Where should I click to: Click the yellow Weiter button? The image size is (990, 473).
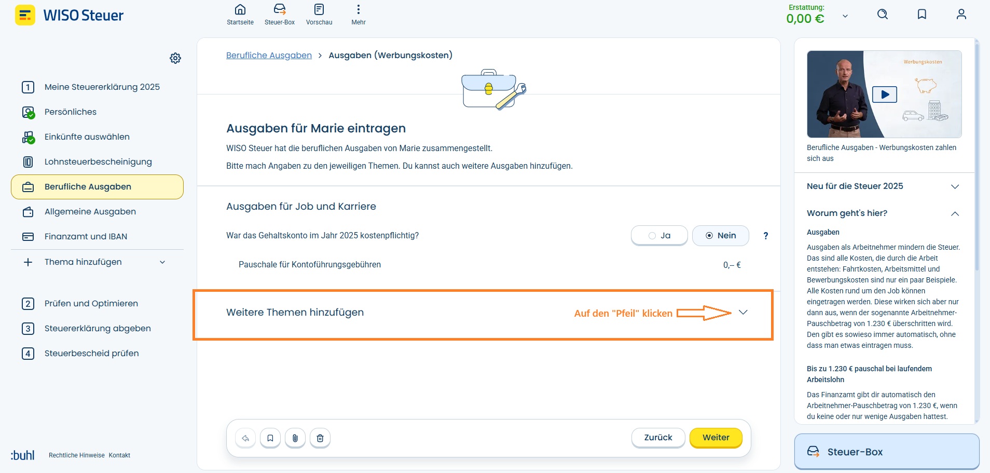coord(716,438)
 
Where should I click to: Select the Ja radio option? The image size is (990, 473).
coord(659,236)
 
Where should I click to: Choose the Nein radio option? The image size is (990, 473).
coord(721,236)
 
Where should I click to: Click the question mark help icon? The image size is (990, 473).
coord(765,236)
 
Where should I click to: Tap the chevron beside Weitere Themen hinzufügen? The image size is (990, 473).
coord(743,312)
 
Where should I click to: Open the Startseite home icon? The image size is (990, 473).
coord(240,9)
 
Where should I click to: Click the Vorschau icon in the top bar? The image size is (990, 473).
coord(319,9)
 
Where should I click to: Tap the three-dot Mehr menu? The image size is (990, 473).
coord(359,9)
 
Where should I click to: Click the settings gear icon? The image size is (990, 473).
coord(175,58)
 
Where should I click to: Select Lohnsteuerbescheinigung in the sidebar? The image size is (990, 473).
coord(98,162)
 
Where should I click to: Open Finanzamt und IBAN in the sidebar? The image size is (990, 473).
coord(86,237)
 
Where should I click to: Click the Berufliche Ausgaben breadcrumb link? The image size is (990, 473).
coord(269,55)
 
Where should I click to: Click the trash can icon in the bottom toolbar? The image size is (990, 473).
coord(320,438)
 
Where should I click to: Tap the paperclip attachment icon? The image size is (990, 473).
coord(295,438)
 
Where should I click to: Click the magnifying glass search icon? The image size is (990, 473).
coord(883,14)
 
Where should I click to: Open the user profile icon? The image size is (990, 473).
coord(961,14)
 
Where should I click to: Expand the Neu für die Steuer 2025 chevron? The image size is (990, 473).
coord(955,186)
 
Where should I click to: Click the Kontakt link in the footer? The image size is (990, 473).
coord(119,455)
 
